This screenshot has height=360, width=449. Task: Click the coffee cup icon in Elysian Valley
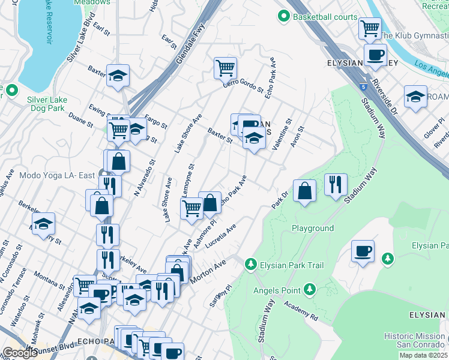pyautogui.click(x=376, y=55)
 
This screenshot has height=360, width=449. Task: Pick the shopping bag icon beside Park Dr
pyautogui.click(x=305, y=191)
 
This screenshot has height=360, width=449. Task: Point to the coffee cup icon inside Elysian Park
pyautogui.click(x=363, y=251)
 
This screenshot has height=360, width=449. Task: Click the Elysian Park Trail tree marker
pyautogui.click(x=250, y=264)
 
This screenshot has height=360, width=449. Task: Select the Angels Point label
pyautogui.click(x=277, y=290)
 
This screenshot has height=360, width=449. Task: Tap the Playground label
pyautogui.click(x=313, y=229)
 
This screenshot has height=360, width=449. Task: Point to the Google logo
pyautogui.click(x=20, y=353)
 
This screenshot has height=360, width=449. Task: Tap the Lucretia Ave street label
pyautogui.click(x=221, y=237)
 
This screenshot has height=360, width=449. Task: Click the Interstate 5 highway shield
pyautogui.click(x=363, y=86)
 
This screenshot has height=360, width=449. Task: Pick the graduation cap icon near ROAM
pyautogui.click(x=415, y=97)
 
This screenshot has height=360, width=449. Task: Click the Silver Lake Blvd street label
pyautogui.click(x=81, y=43)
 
